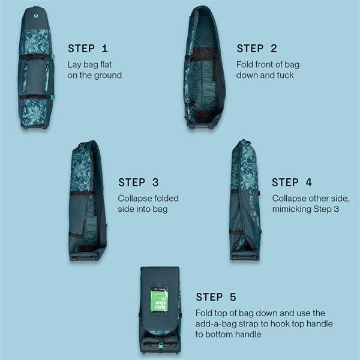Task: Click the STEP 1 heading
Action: pyautogui.click(x=88, y=49)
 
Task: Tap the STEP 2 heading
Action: pyautogui.click(x=257, y=49)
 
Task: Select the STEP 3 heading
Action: pyautogui.click(x=139, y=182)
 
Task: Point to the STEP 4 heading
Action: pyautogui.click(x=292, y=182)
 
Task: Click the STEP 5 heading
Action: pyautogui.click(x=216, y=297)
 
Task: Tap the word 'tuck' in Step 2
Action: pyautogui.click(x=285, y=75)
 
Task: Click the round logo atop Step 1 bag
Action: pyautogui.click(x=36, y=16)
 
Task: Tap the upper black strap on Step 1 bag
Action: pyautogui.click(x=35, y=57)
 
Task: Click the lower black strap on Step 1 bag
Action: pyautogui.click(x=35, y=97)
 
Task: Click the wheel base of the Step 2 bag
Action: pyautogui.click(x=202, y=126)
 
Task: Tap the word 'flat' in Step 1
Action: pyautogui.click(x=106, y=65)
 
